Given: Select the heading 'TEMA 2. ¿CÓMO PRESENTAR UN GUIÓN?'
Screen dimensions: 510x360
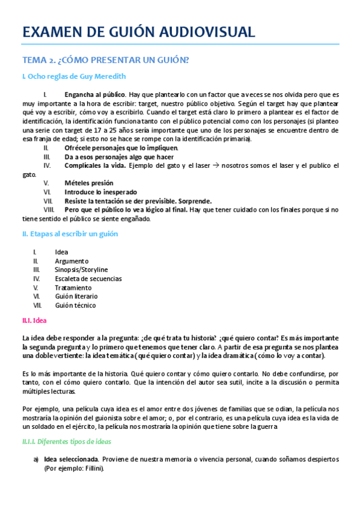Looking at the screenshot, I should [x=106, y=60].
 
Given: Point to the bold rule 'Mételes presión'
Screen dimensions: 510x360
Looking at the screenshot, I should [x=89, y=183].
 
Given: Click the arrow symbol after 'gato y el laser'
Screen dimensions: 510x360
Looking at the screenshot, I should [x=214, y=165].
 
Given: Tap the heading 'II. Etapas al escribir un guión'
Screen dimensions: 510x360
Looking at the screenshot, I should [x=70, y=234].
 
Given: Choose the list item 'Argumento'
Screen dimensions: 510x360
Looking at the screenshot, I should [x=72, y=261].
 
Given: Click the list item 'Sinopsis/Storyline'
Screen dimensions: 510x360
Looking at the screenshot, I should [x=82, y=270].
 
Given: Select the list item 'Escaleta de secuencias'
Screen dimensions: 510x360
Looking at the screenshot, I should [x=88, y=278].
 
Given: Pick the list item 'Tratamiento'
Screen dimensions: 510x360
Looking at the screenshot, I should [x=73, y=287].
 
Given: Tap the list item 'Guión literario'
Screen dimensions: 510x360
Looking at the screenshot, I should [x=76, y=296].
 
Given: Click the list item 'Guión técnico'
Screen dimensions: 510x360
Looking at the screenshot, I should [x=75, y=305].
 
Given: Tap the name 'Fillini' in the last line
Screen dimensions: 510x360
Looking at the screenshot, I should [x=93, y=469].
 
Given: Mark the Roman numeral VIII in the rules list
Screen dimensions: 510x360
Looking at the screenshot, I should [x=49, y=209].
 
